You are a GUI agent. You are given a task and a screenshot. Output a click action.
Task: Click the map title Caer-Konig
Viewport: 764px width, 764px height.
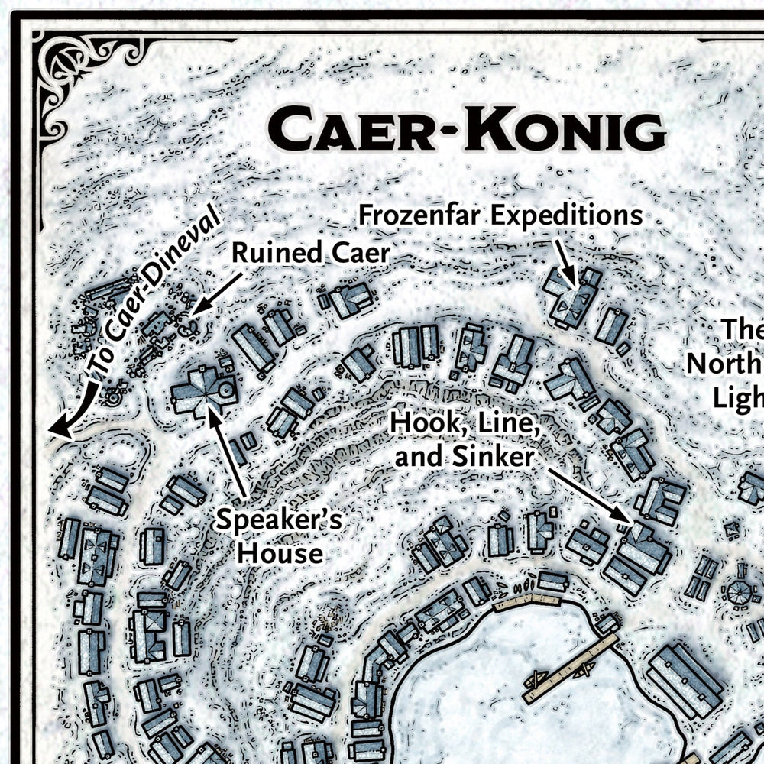pos(468,130)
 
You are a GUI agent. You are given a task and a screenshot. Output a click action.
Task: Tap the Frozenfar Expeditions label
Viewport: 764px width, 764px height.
pos(501,216)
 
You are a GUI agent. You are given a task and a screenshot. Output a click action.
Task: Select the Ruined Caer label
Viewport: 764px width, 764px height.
pos(311,253)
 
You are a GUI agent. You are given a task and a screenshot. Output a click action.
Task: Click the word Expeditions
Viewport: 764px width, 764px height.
pos(566,216)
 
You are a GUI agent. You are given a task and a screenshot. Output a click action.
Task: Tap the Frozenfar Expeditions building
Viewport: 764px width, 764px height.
pos(571,298)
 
